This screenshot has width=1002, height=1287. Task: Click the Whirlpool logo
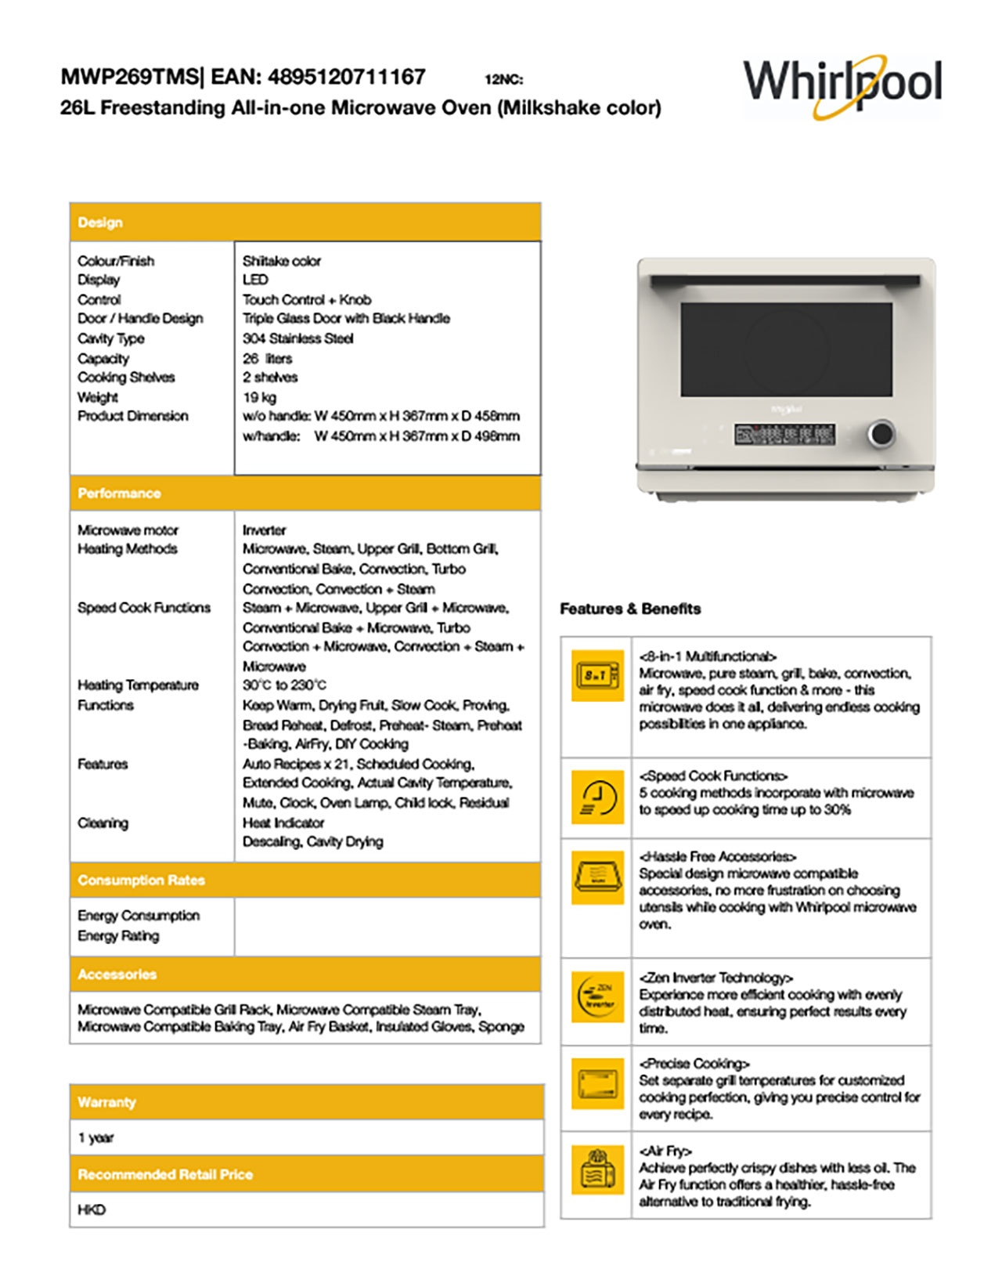point(842,85)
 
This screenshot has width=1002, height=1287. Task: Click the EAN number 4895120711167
point(346,77)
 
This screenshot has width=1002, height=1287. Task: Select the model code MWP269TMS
point(129,77)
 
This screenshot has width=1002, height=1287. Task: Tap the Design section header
point(100,222)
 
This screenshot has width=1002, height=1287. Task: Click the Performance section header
point(119,493)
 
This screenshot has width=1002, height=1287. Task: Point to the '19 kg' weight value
point(259,397)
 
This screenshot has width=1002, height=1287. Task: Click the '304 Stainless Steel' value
point(297,338)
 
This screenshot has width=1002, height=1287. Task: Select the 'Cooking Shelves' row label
point(126,378)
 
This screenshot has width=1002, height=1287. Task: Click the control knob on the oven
point(881,433)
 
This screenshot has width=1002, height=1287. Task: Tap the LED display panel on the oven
point(784,434)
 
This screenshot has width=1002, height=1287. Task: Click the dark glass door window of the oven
point(785,349)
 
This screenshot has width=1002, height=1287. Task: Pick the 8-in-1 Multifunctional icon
point(597,674)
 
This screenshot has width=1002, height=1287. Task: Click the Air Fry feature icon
point(597,1170)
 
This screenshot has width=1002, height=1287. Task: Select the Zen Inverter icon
point(597,996)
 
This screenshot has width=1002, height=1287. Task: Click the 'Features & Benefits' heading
point(630,609)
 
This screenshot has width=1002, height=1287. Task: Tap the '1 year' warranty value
point(96,1137)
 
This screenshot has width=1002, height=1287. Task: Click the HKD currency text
point(91,1209)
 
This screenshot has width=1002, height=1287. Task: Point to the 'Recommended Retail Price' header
point(165,1174)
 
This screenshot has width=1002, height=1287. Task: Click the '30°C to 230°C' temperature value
point(284,685)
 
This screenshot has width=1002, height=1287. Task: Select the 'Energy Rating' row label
point(118,936)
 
